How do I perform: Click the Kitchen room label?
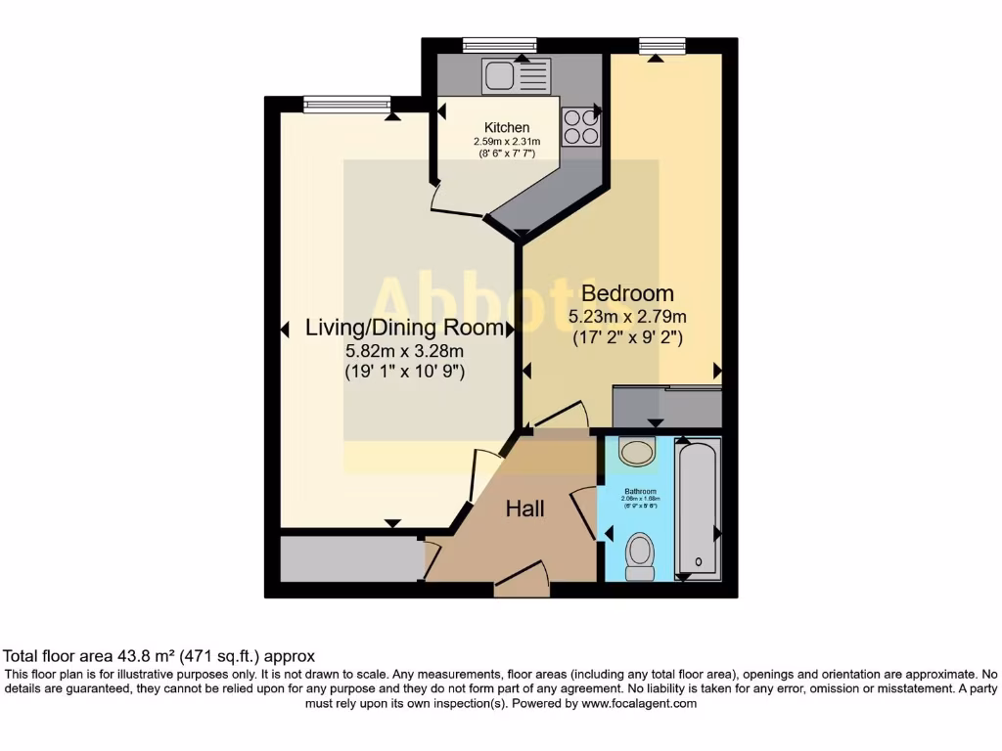tap(507, 128)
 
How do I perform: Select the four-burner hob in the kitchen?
tap(580, 126)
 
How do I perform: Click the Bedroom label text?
tap(627, 293)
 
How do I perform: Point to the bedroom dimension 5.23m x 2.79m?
tap(627, 317)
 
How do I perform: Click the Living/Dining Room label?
tap(404, 328)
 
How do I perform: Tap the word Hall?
tap(524, 508)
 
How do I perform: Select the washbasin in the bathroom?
tap(638, 452)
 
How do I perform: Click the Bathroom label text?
tap(642, 491)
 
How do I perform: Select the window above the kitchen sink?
tap(499, 45)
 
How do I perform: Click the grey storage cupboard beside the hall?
tap(349, 558)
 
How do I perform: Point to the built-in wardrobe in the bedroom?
tap(666, 407)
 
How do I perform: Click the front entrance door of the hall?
tap(522, 581)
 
